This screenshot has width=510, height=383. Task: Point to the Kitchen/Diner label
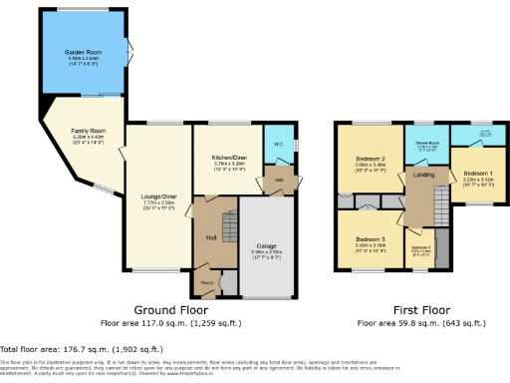[x=229, y=157]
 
